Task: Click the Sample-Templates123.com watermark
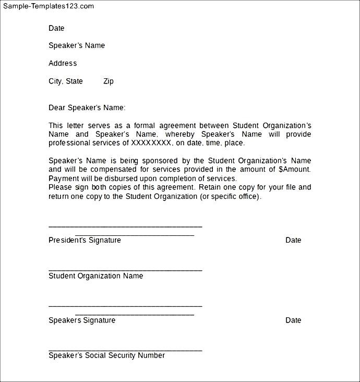pyautogui.click(x=49, y=6)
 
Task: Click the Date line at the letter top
pyautogui.click(x=56, y=28)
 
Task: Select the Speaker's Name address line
pyautogui.click(x=77, y=45)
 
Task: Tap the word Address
pyautogui.click(x=63, y=63)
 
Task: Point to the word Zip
pyautogui.click(x=108, y=81)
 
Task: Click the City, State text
pyautogui.click(x=66, y=81)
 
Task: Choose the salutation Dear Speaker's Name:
pyautogui.click(x=87, y=108)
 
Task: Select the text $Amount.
pyautogui.click(x=295, y=169)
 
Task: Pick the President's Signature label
pyautogui.click(x=85, y=240)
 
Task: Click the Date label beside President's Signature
pyautogui.click(x=293, y=240)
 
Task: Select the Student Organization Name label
pyautogui.click(x=95, y=276)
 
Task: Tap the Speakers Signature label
pyautogui.click(x=82, y=320)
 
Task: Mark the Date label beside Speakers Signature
pyautogui.click(x=293, y=320)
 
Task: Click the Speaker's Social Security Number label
pyautogui.click(x=106, y=355)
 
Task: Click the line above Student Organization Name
pyautogui.click(x=125, y=270)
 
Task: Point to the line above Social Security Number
pyautogui.click(x=125, y=350)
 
